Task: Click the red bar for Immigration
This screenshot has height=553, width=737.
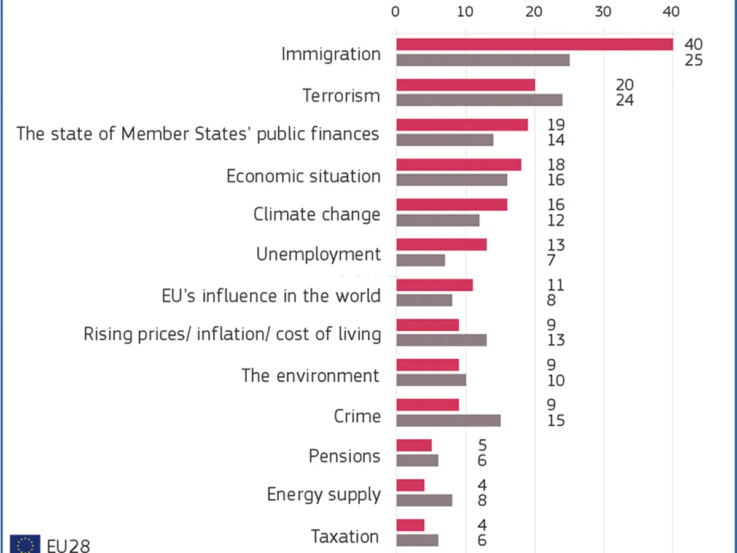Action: coord(534,44)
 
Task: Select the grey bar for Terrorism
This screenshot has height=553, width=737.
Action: coord(479,100)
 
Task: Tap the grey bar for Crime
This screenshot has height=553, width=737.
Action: coord(448,420)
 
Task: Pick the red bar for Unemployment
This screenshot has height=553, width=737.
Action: coord(442,245)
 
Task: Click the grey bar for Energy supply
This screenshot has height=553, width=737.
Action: coord(424,500)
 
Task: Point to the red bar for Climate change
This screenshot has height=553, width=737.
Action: coord(451,205)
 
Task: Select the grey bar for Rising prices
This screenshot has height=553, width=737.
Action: coord(442,340)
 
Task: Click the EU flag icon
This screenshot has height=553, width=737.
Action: coord(25,544)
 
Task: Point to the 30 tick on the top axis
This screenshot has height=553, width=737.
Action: coord(604,12)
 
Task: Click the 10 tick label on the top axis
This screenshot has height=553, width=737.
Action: coord(465,12)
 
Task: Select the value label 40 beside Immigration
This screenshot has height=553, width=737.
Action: coord(693,45)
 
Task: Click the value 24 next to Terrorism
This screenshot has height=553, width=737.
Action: coord(625,100)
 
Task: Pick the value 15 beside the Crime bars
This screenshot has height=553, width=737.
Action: coord(556,421)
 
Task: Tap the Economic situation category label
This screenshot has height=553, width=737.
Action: coord(303,176)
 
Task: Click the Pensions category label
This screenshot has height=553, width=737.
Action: coord(345,457)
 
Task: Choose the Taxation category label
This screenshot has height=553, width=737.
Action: coord(345,536)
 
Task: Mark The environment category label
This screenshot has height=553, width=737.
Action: coord(310,375)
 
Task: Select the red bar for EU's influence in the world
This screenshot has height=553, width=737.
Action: coord(434,284)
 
